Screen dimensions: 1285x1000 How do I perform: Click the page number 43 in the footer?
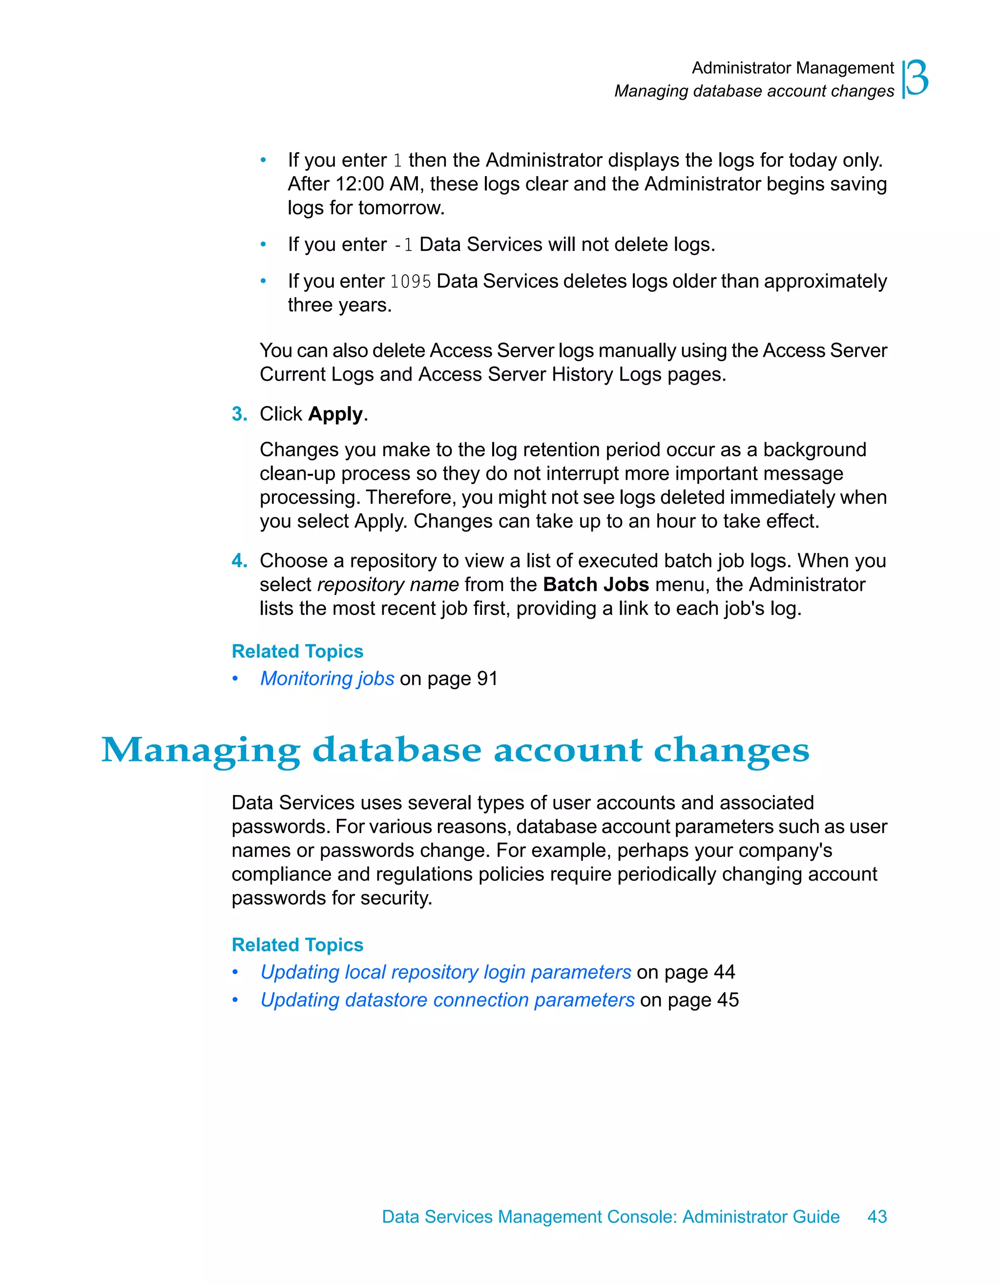point(876,1216)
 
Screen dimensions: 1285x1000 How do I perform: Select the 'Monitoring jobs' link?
point(327,678)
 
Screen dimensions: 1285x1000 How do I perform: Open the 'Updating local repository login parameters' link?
point(445,972)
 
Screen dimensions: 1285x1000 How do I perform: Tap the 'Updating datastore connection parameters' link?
point(447,999)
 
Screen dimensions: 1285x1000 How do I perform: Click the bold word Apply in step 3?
point(335,414)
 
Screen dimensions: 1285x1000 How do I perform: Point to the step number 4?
point(238,561)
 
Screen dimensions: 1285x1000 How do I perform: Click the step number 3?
point(238,414)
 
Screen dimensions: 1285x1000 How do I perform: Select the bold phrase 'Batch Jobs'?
point(596,585)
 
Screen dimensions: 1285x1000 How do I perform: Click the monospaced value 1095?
point(410,282)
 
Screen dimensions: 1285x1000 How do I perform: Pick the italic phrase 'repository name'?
point(388,585)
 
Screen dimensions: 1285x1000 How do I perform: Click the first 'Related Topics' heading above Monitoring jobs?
point(297,652)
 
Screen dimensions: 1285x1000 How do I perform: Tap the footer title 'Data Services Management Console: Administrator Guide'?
point(610,1216)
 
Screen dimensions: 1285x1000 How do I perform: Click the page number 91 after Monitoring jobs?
point(487,678)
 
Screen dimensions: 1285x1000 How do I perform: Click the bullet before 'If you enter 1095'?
point(264,281)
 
